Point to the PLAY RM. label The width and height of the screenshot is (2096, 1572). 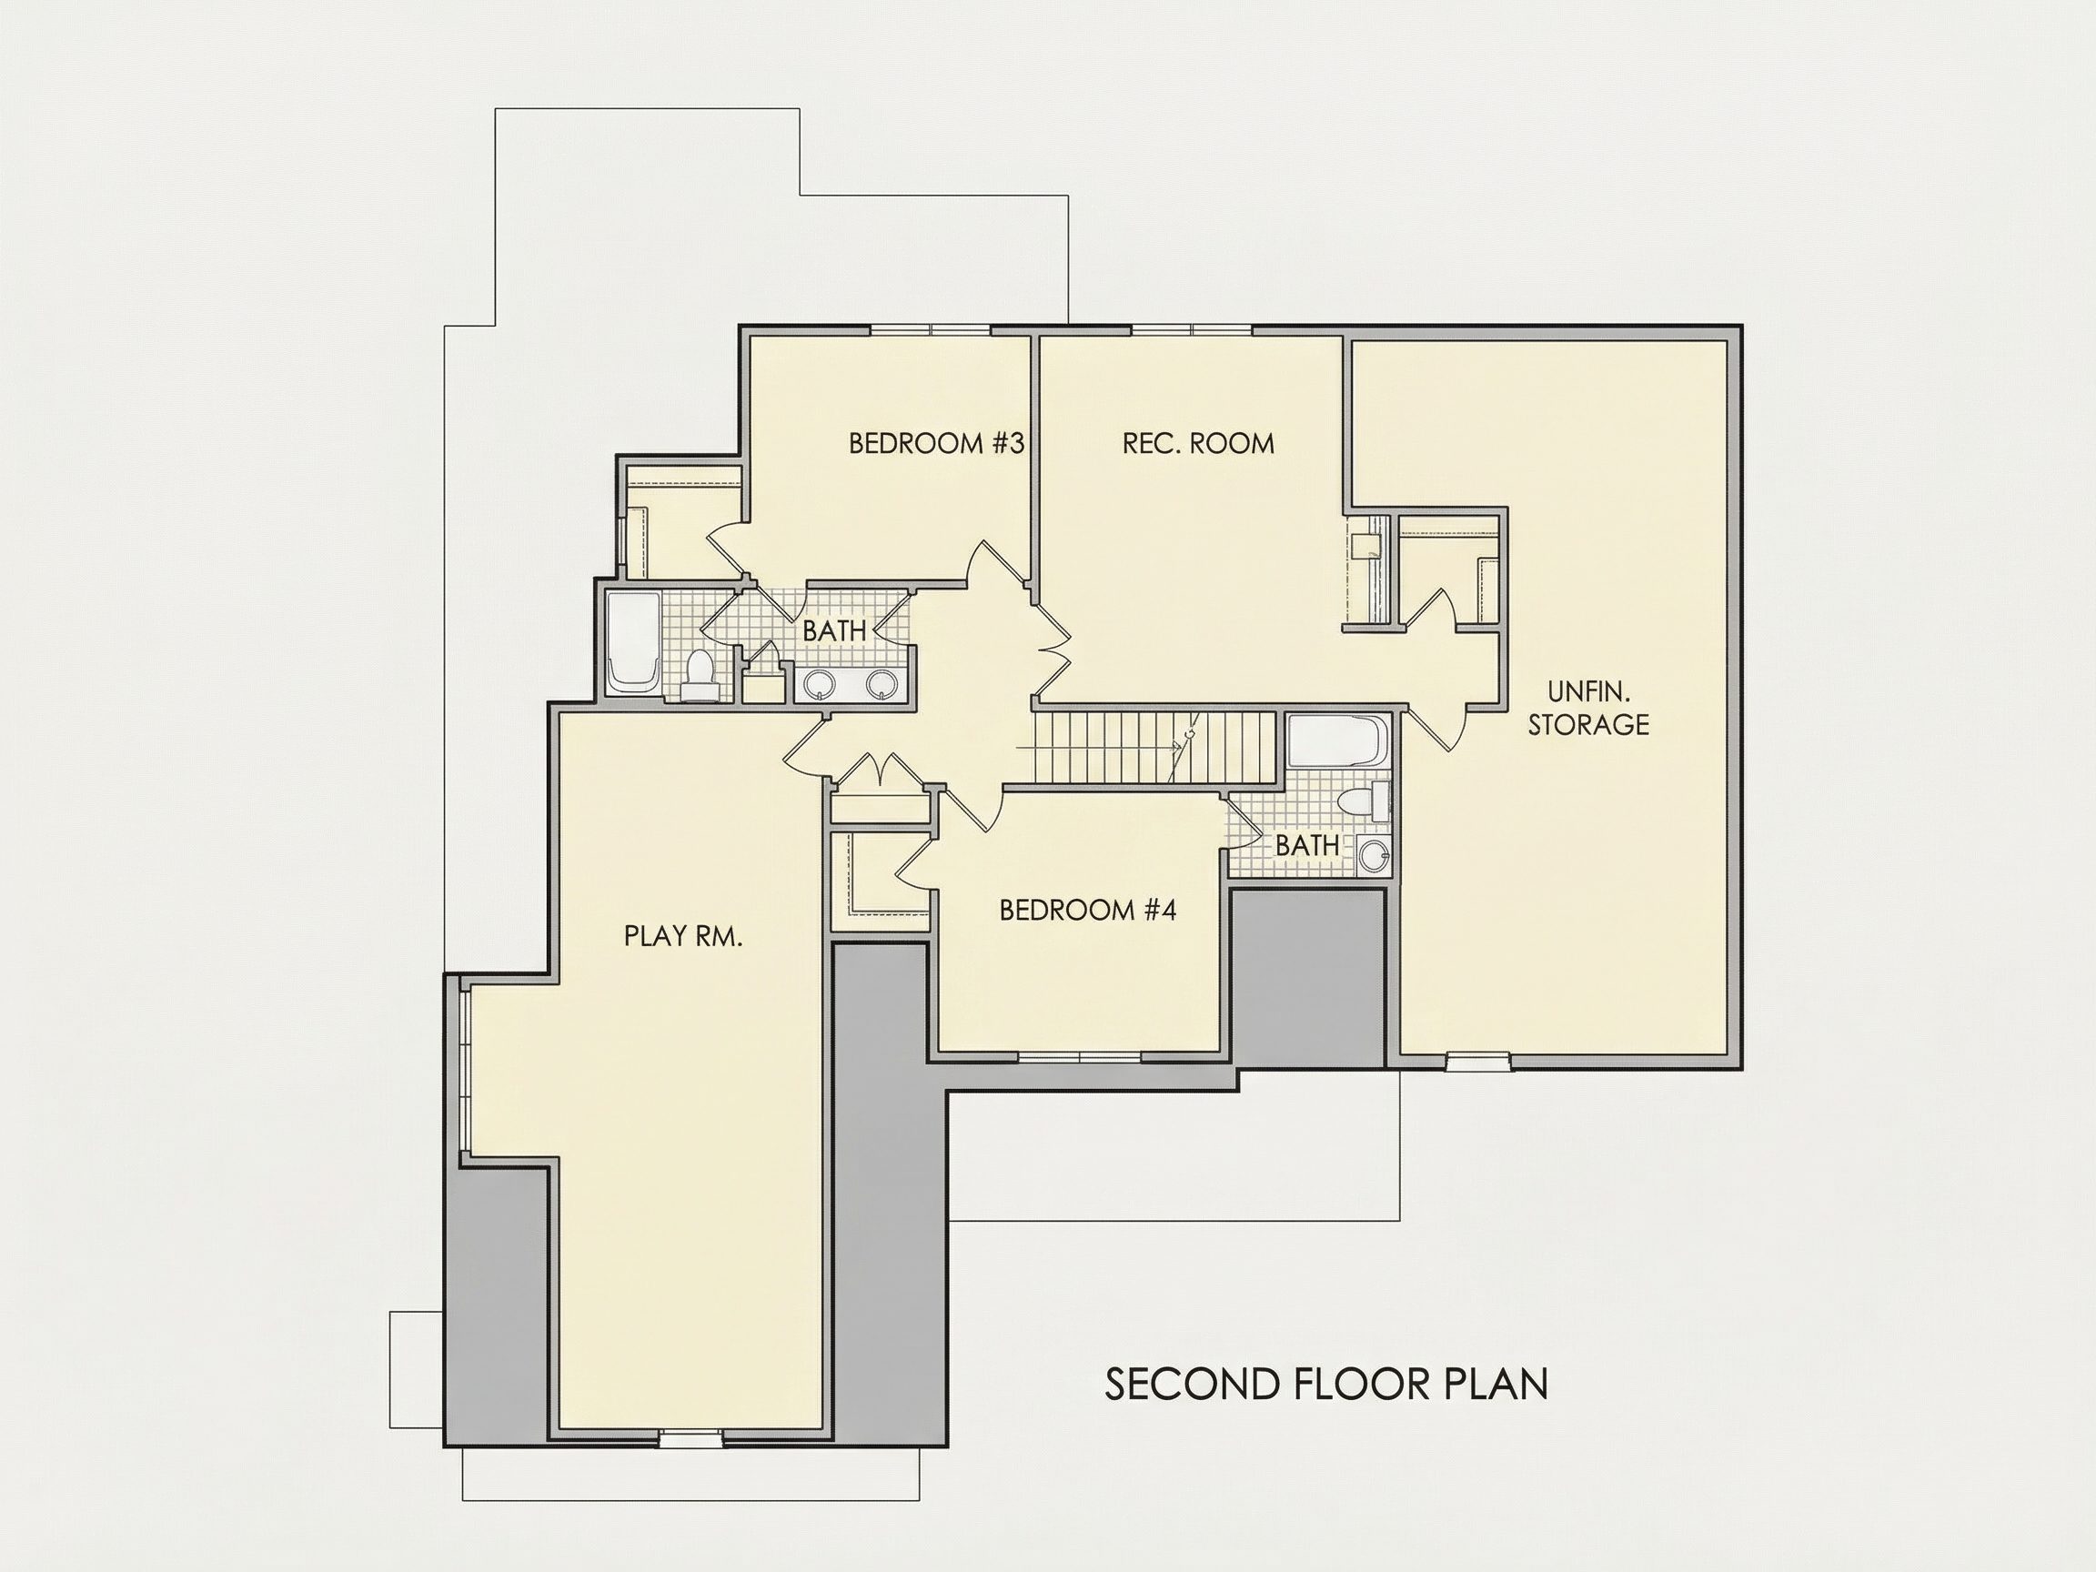click(682, 936)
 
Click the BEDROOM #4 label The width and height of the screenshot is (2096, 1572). click(1088, 911)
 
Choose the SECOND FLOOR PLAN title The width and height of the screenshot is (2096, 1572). click(1326, 1385)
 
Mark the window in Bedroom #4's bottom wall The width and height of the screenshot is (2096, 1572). click(1080, 1054)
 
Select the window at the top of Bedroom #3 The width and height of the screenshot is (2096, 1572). click(931, 331)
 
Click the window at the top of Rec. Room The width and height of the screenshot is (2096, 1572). click(1191, 331)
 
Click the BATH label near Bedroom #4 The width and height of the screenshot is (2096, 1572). click(1306, 845)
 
